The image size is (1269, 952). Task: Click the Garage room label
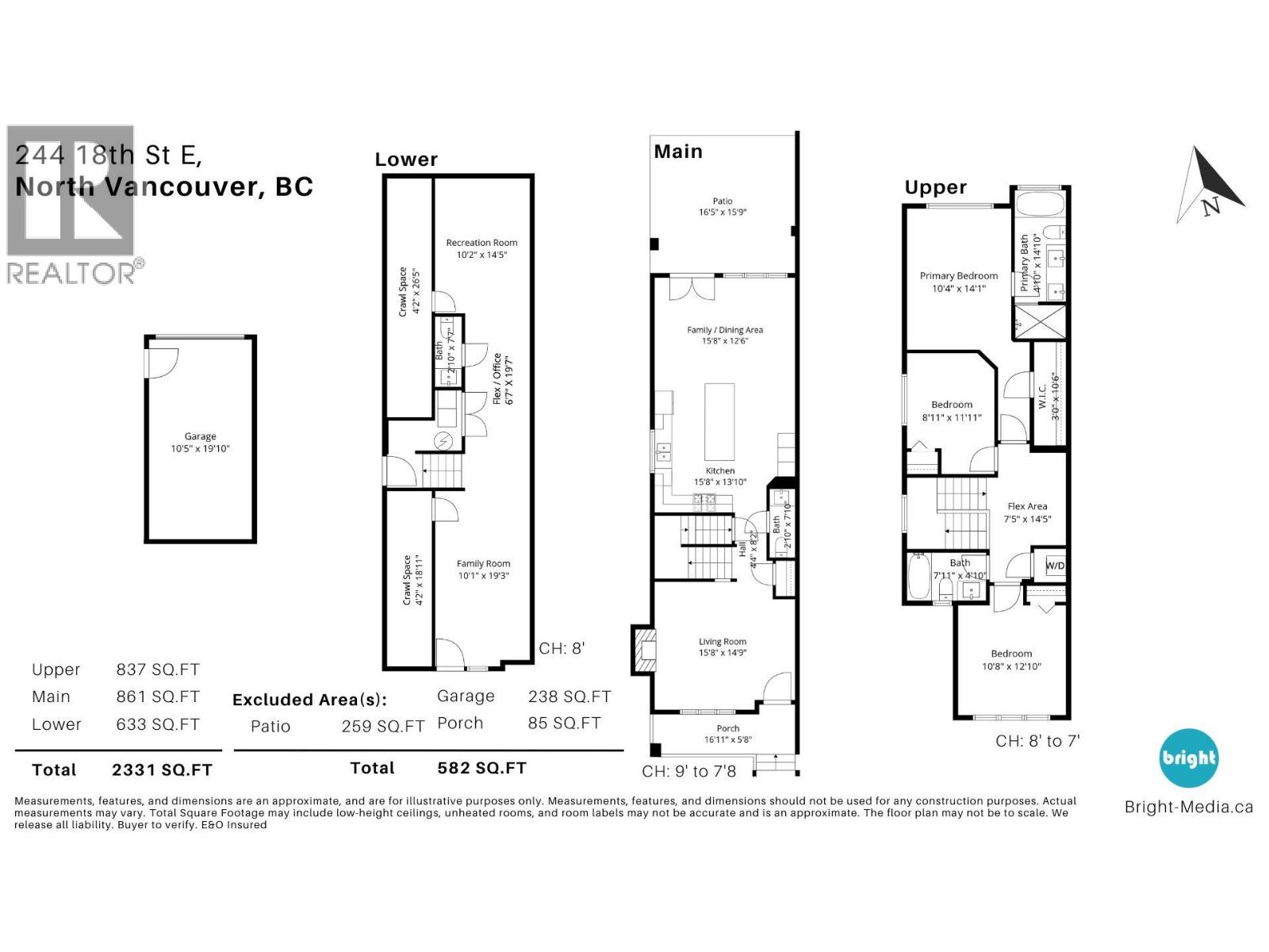(200, 436)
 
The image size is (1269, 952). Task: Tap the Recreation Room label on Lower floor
(481, 243)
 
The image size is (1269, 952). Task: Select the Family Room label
(483, 563)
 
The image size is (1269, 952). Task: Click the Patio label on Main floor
(722, 202)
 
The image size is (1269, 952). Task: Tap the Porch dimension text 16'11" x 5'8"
(727, 739)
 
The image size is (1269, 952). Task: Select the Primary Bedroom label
(959, 276)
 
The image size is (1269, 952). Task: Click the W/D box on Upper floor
(1055, 566)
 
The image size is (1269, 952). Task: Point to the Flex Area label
(1027, 506)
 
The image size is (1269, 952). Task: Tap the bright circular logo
(1188, 758)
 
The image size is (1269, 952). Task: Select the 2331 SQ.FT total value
(162, 770)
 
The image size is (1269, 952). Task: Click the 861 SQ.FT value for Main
(157, 697)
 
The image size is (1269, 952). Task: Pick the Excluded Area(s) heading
(309, 700)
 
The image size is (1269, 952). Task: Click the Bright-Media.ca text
(1188, 808)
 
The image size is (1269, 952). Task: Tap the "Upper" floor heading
(936, 187)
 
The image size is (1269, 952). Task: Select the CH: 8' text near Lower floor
(562, 648)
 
